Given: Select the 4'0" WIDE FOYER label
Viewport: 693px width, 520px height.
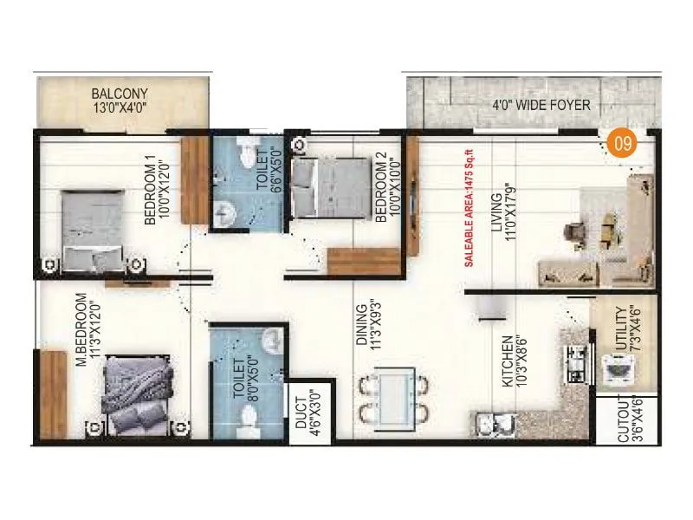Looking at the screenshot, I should click(541, 106).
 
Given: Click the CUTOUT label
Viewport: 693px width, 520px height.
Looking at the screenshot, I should click(626, 420).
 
